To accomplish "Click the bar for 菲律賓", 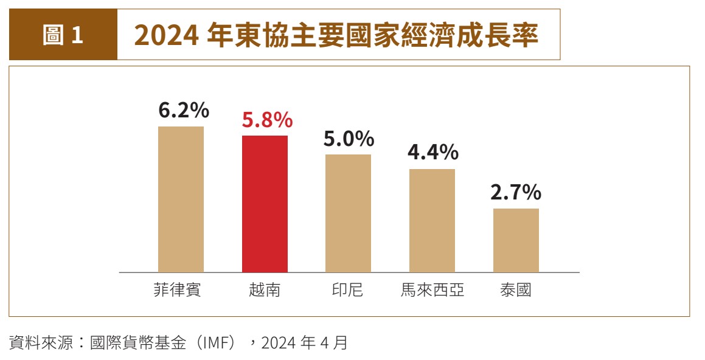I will pyautogui.click(x=181, y=199).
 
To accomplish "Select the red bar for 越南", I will pyautogui.click(x=265, y=204).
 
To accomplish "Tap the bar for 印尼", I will pyautogui.click(x=348, y=213).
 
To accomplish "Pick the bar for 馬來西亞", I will pyautogui.click(x=432, y=220).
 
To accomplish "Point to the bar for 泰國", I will pyautogui.click(x=516, y=240).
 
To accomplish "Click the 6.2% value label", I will pyautogui.click(x=184, y=111).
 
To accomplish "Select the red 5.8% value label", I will pyautogui.click(x=267, y=120).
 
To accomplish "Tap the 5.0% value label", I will pyautogui.click(x=349, y=139).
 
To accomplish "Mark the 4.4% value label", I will pyautogui.click(x=432, y=153).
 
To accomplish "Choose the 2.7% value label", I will pyautogui.click(x=516, y=193).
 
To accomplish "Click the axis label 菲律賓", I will pyautogui.click(x=177, y=290).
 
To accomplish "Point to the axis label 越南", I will pyautogui.click(x=265, y=290).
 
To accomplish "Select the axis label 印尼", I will pyautogui.click(x=348, y=290).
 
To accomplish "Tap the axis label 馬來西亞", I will pyautogui.click(x=432, y=290).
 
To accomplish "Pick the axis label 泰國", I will pyautogui.click(x=516, y=290).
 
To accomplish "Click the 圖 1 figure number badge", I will pyautogui.click(x=63, y=35).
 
